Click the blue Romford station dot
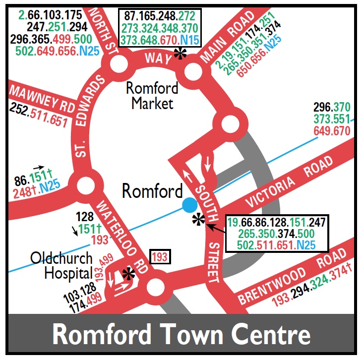point(189,204)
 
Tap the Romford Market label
point(152,96)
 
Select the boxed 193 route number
point(159,257)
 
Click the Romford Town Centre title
point(182,335)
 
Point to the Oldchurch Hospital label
point(61,265)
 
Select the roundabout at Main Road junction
point(192,73)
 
